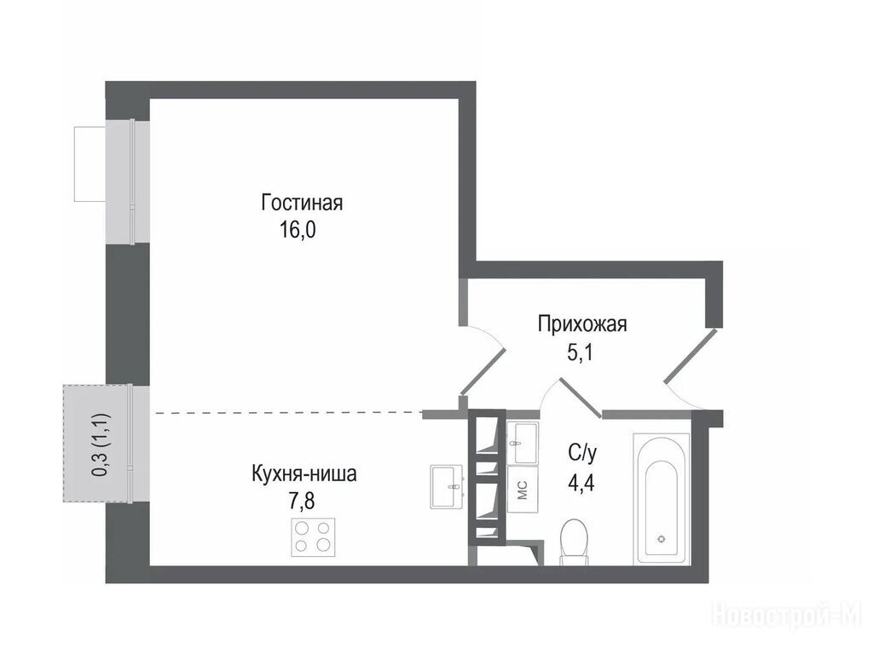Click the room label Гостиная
tap(302, 203)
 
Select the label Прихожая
tap(582, 324)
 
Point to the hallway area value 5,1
tap(580, 353)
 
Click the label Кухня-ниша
tap(304, 473)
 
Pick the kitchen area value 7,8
tap(301, 501)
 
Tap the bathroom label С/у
tap(582, 454)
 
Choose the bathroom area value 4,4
tap(581, 483)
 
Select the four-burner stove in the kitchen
tap(313, 536)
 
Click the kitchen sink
tap(447, 486)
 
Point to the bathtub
tap(662, 499)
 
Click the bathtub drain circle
tap(662, 538)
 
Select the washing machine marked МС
tap(523, 490)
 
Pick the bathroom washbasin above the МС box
tap(523, 442)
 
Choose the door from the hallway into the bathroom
tap(580, 397)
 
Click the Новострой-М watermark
tap(789, 615)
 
